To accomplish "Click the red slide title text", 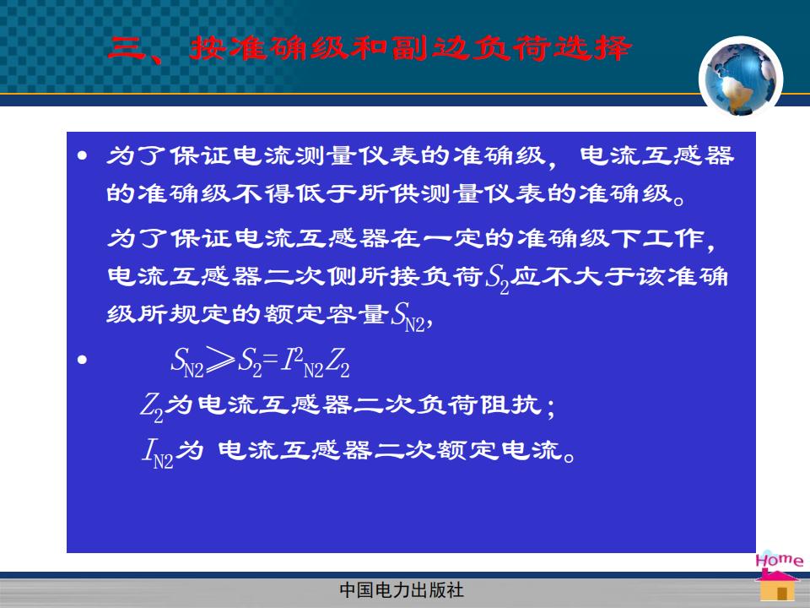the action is pos(370,49).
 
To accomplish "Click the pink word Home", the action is pos(779,560).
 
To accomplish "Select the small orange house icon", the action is pos(777,587).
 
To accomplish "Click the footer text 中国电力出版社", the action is pos(402,590).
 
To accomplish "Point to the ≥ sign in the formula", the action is pos(220,360).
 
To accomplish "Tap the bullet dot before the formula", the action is pos(82,360).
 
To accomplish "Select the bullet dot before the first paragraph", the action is pos(82,155).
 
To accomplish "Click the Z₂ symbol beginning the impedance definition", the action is pos(152,406).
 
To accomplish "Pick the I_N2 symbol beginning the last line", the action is pos(158,453).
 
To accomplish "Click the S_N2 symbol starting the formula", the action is pos(187,361).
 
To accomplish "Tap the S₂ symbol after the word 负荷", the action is pos(497,279).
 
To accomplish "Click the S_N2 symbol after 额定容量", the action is pos(408,317).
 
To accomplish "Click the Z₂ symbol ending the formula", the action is pos(337,361).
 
